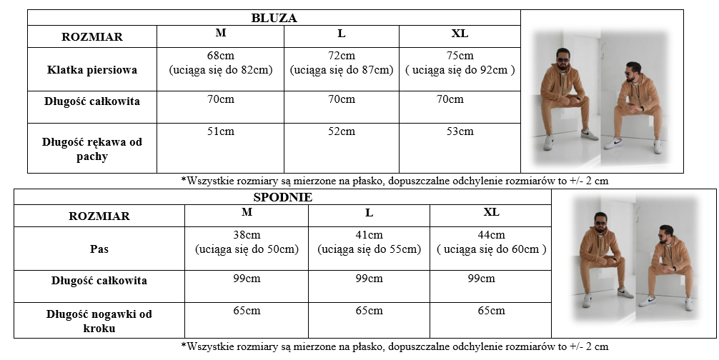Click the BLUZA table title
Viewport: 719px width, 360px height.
pyautogui.click(x=274, y=18)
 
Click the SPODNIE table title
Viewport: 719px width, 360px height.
pyautogui.click(x=282, y=197)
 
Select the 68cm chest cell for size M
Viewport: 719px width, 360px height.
pyautogui.click(x=220, y=63)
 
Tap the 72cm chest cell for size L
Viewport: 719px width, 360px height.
pyautogui.click(x=341, y=63)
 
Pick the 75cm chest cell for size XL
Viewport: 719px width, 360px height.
pyautogui.click(x=460, y=63)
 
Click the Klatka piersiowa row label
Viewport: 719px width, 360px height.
pyautogui.click(x=92, y=70)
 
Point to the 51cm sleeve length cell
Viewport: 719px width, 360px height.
pyautogui.click(x=220, y=131)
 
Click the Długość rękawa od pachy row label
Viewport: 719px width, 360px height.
pyautogui.click(x=92, y=149)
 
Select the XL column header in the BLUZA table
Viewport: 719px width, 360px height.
pyautogui.click(x=460, y=34)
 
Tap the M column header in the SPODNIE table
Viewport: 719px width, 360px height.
pyautogui.click(x=247, y=212)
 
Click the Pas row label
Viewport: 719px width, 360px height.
pyautogui.click(x=99, y=249)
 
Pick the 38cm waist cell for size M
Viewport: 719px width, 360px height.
pyautogui.click(x=247, y=242)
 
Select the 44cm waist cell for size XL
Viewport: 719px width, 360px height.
pyautogui.click(x=491, y=242)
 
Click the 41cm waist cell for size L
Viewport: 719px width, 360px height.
pyautogui.click(x=369, y=242)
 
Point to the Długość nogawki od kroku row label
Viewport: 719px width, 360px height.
pyautogui.click(x=99, y=321)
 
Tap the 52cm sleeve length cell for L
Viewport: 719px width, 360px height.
pyautogui.click(x=341, y=131)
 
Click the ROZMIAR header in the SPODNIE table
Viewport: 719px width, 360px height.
pyautogui.click(x=99, y=216)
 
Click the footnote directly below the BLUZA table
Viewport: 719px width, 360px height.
pyautogui.click(x=395, y=181)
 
